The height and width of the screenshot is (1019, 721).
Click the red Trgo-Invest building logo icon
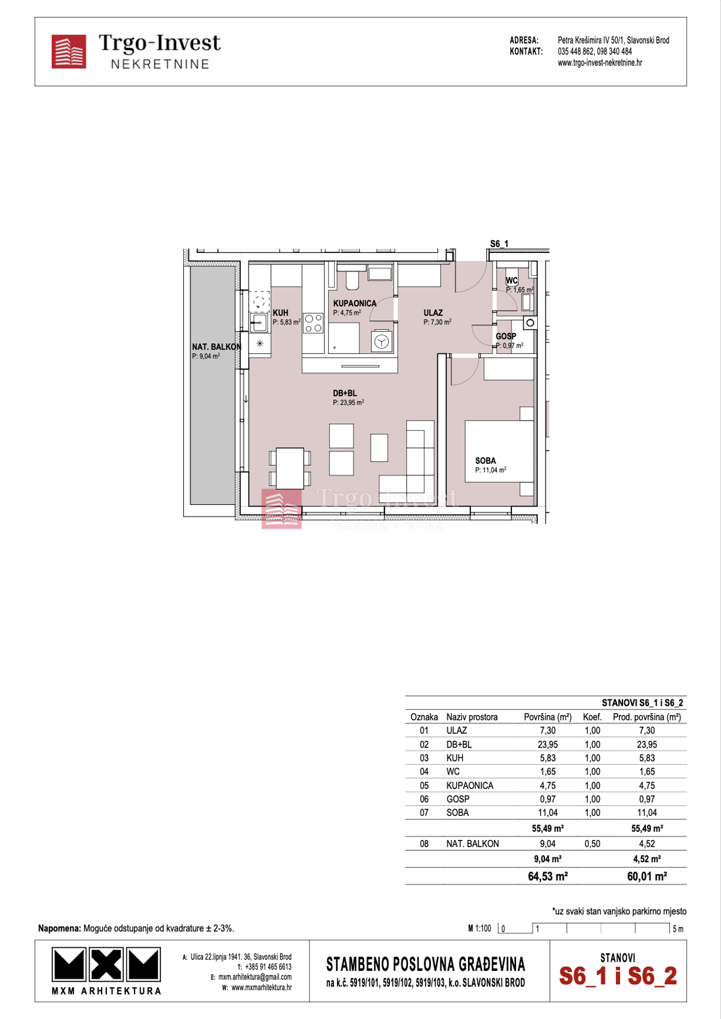pos(68,52)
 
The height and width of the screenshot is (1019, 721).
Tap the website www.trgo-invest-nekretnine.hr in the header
pos(600,62)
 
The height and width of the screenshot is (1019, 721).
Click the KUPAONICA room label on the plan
pos(354,303)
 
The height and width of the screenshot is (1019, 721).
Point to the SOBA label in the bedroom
pos(485,461)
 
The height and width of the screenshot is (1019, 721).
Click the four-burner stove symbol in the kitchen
pos(313,323)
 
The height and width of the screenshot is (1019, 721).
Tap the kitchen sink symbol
pos(259,323)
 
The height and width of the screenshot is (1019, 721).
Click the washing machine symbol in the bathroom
pos(382,342)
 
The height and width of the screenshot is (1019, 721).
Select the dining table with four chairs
pos(290,468)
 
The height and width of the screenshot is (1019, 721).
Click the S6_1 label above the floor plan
pos(499,243)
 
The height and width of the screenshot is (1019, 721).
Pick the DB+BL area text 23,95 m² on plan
pos(348,403)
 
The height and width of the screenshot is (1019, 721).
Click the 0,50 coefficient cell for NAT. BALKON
pos(592,844)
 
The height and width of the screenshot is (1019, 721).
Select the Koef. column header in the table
pos(592,717)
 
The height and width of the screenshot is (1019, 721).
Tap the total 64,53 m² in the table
pos(547,876)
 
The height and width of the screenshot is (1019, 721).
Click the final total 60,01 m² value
pos(646,876)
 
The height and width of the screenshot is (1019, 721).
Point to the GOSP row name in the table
pos(457,799)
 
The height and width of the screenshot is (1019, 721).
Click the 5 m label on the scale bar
pos(678,929)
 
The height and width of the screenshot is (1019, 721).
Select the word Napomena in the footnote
pos(59,928)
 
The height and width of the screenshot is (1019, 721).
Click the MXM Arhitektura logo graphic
pos(106,965)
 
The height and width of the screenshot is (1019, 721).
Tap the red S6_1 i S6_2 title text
pos(618,976)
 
